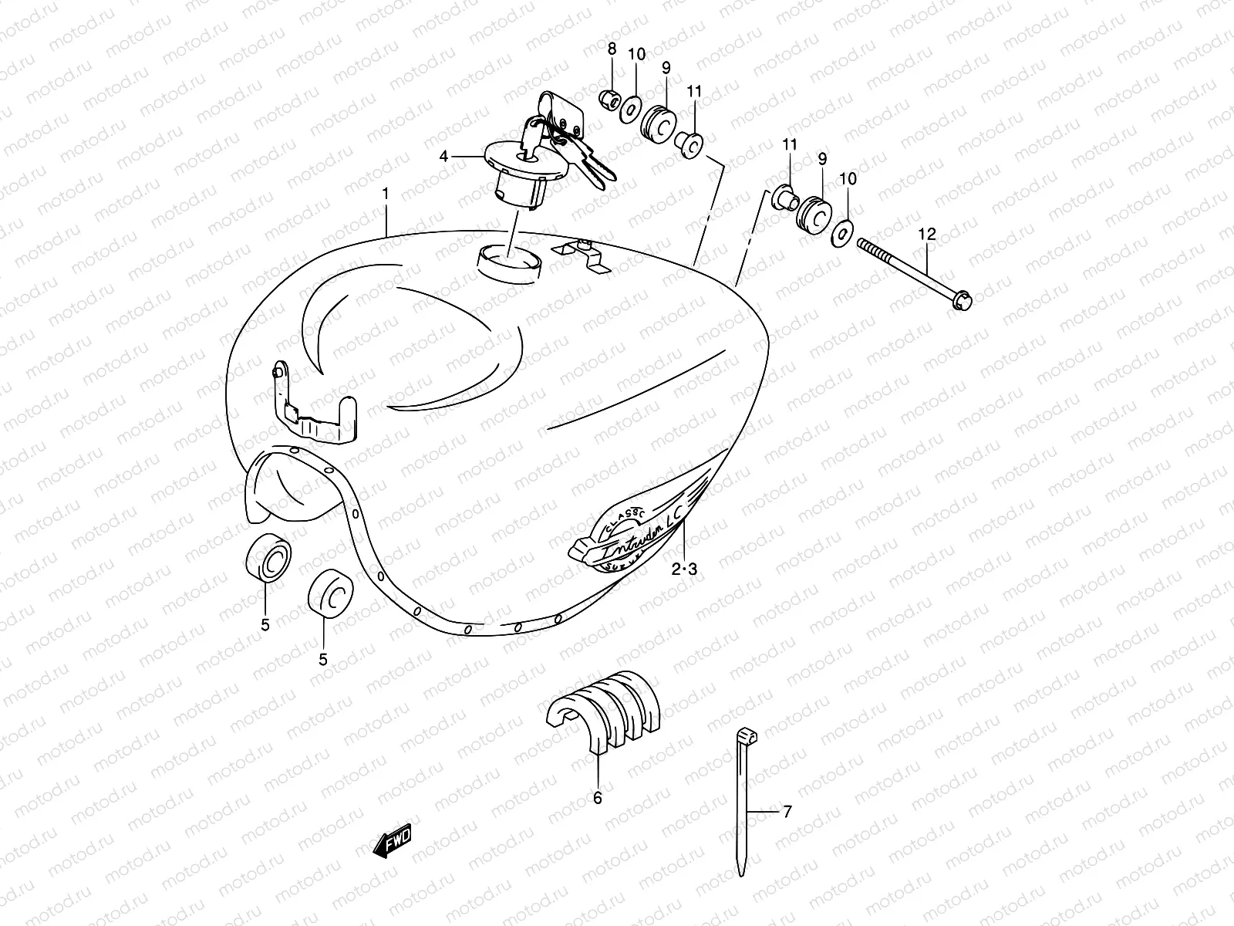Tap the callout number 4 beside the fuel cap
[x=443, y=157]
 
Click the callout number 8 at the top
[x=612, y=49]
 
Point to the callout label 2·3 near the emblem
[x=684, y=570]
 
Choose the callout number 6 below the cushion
[x=598, y=799]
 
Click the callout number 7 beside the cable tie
[x=787, y=812]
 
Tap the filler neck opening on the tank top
[x=509, y=255]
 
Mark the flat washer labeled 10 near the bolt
[x=843, y=231]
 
